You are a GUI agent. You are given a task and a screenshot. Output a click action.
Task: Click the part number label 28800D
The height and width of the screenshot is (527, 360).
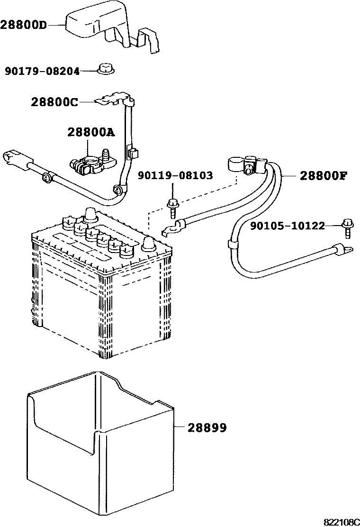[x=24, y=24]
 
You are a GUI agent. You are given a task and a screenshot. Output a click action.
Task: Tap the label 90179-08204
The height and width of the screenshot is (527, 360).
[x=42, y=71]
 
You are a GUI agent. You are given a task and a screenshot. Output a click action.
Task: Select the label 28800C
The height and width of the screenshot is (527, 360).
[x=54, y=102]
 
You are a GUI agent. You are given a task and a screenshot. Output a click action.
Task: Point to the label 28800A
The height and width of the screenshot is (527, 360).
[x=91, y=133]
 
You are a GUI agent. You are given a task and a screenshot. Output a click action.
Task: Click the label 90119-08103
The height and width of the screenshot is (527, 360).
[x=175, y=176]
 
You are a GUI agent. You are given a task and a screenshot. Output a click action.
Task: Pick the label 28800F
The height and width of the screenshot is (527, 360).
[x=324, y=176]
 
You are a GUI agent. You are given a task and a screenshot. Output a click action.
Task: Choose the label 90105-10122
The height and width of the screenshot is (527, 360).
[x=288, y=226]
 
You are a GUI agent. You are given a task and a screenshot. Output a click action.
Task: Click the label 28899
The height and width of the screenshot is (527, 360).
[x=207, y=428]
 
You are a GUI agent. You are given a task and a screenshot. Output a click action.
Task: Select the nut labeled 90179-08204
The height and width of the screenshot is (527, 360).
[x=105, y=69]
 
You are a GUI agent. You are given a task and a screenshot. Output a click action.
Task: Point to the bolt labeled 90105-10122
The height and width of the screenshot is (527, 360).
[x=347, y=227]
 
